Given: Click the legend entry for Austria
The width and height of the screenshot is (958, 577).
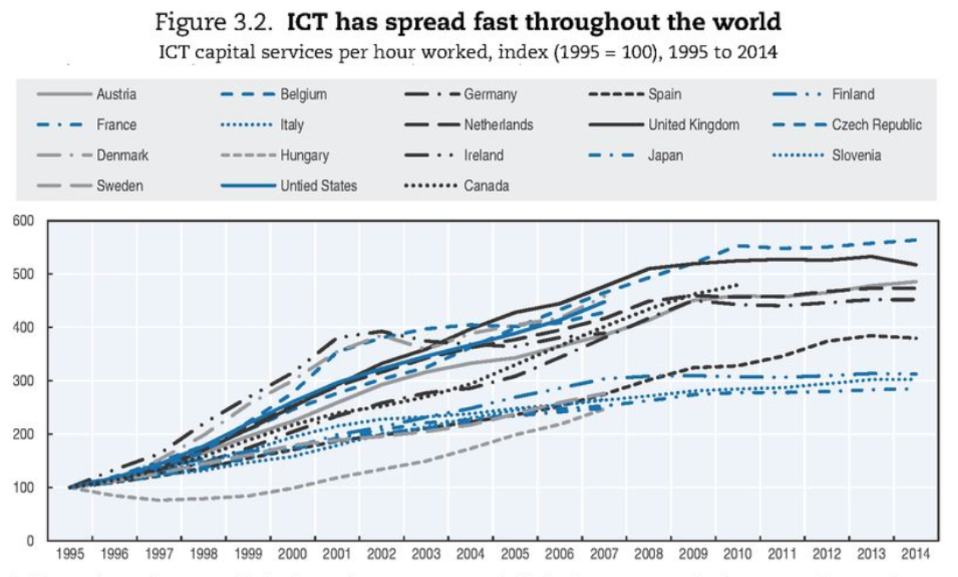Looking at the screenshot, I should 116,95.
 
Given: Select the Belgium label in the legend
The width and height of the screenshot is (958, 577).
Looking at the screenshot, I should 304,95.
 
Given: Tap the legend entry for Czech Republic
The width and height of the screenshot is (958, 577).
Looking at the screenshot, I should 877,125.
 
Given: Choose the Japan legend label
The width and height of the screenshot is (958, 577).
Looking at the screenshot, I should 665,156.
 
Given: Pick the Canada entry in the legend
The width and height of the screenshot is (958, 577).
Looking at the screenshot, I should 487,185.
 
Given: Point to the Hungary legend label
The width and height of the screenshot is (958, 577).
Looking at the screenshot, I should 304,156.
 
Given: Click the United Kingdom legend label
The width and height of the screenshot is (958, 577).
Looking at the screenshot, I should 693,125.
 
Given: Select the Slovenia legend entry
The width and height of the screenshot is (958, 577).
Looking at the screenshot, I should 856,156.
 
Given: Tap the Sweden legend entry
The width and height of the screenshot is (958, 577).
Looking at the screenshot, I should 118,185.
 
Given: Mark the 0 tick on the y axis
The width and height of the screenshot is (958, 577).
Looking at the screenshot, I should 31,541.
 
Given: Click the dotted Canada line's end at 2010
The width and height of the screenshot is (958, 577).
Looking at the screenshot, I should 737,285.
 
